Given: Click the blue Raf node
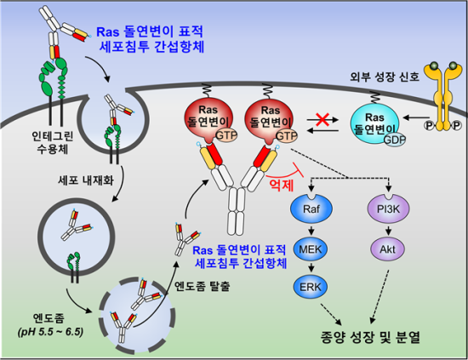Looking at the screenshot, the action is coord(311,209).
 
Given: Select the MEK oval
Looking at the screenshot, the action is coord(311,249).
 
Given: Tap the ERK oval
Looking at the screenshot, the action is coord(310,287).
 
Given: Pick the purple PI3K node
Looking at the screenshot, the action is coord(388,209).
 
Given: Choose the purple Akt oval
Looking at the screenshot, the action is coord(388,249).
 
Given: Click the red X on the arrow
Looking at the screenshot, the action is coord(322,119).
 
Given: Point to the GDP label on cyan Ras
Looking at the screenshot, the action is coord(395,139).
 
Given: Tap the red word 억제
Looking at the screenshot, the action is coord(282,185).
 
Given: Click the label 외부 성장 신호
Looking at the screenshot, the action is coord(385,77).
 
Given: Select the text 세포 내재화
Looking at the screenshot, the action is coord(86,180).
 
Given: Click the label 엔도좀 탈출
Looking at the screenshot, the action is coord(202,286).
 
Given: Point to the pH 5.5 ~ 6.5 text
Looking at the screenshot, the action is coord(50,332).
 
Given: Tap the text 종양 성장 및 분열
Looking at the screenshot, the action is coord(370,338).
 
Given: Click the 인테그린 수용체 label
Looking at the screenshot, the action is coord(53,143).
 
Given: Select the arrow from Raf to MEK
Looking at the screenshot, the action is coord(311,231).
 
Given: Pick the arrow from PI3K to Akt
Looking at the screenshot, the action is coord(388,231).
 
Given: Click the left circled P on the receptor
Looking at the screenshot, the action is coord(429,125).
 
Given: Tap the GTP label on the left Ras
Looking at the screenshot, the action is coord(226,135).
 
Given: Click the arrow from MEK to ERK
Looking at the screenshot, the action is coord(311,268).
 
